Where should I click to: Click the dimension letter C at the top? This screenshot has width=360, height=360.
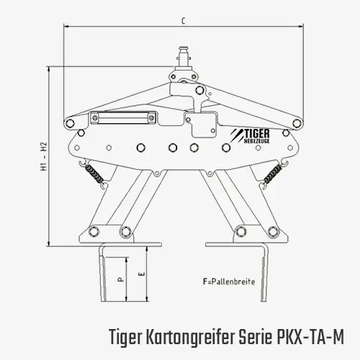coord(184,21)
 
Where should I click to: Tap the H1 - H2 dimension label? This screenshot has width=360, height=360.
coord(44,157)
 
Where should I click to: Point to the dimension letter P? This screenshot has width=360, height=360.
coord(121,279)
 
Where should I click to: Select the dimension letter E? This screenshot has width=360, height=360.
coord(142,274)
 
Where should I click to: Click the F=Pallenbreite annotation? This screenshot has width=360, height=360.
coord(229,282)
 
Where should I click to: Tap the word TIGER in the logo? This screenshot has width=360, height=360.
coord(257,134)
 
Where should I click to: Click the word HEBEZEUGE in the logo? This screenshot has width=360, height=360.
coord(256,141)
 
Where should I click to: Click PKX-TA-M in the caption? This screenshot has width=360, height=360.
coord(310,336)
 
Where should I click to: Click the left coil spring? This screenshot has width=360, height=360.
coord(95,174)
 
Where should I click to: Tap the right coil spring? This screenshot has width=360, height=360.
coord(273,174)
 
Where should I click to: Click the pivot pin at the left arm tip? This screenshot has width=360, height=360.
coord(70,123)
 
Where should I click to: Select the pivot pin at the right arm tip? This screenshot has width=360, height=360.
coord(297,123)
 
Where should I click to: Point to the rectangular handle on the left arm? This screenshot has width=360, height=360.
coord(123,118)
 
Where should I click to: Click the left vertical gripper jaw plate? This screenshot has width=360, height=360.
coord(103,274)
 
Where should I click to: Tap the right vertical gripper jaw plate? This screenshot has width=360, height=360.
coord(264,274)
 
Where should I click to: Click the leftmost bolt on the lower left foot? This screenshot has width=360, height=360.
coord(94,231)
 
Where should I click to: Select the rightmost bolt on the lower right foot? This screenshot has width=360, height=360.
coord(273,231)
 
